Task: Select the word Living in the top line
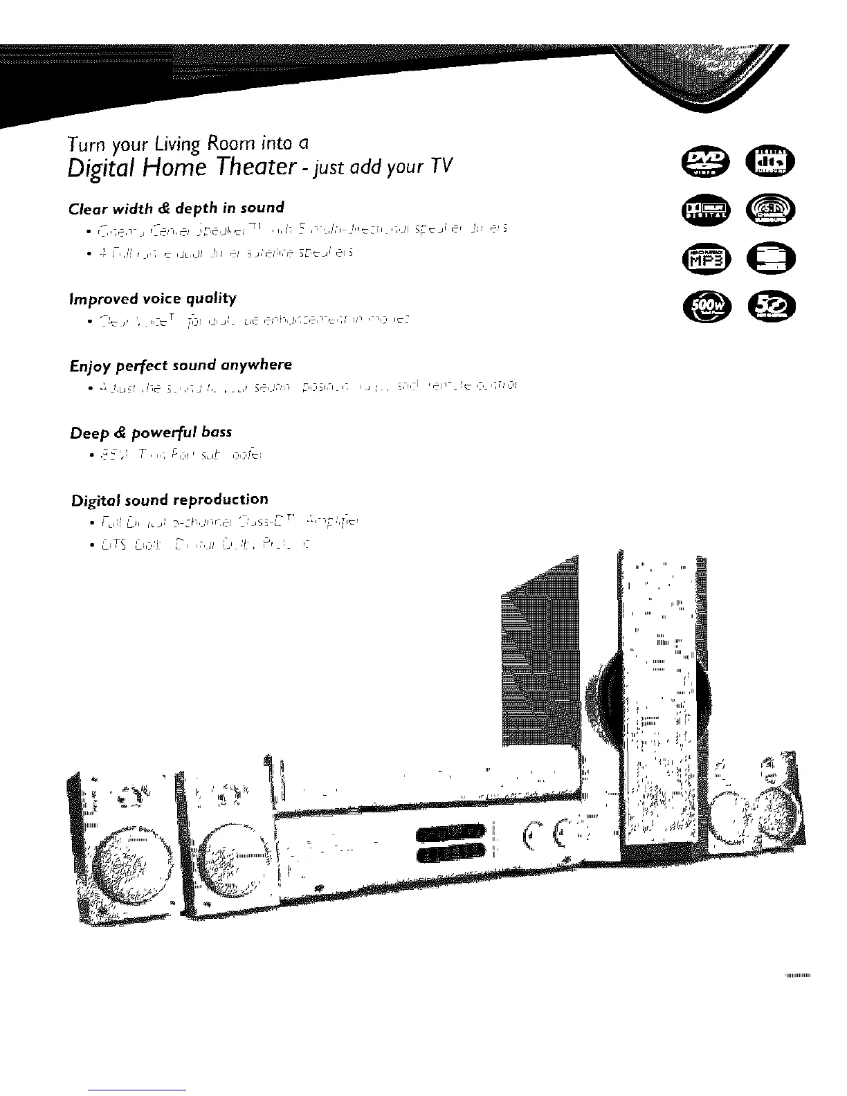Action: pyautogui.click(x=197, y=145)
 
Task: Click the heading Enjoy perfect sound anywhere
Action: pyautogui.click(x=181, y=365)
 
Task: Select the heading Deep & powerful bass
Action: pyautogui.click(x=151, y=432)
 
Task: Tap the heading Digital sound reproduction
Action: pyautogui.click(x=170, y=500)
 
